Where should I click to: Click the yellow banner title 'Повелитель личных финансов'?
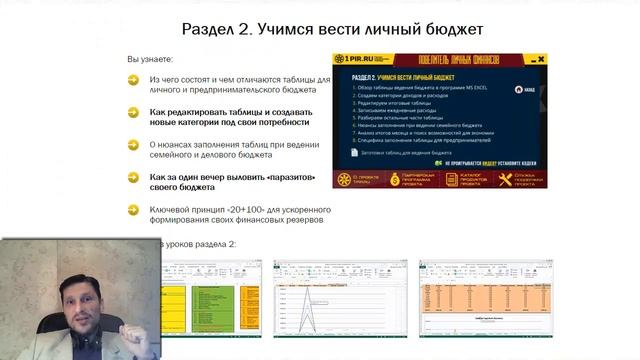pos(464,61)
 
